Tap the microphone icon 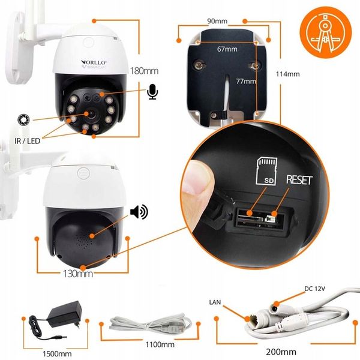coord(152,92)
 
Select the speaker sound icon coord(139,212)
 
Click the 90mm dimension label coord(217,21)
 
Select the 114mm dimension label coord(287,74)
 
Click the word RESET coord(298,180)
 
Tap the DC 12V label coord(314,289)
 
